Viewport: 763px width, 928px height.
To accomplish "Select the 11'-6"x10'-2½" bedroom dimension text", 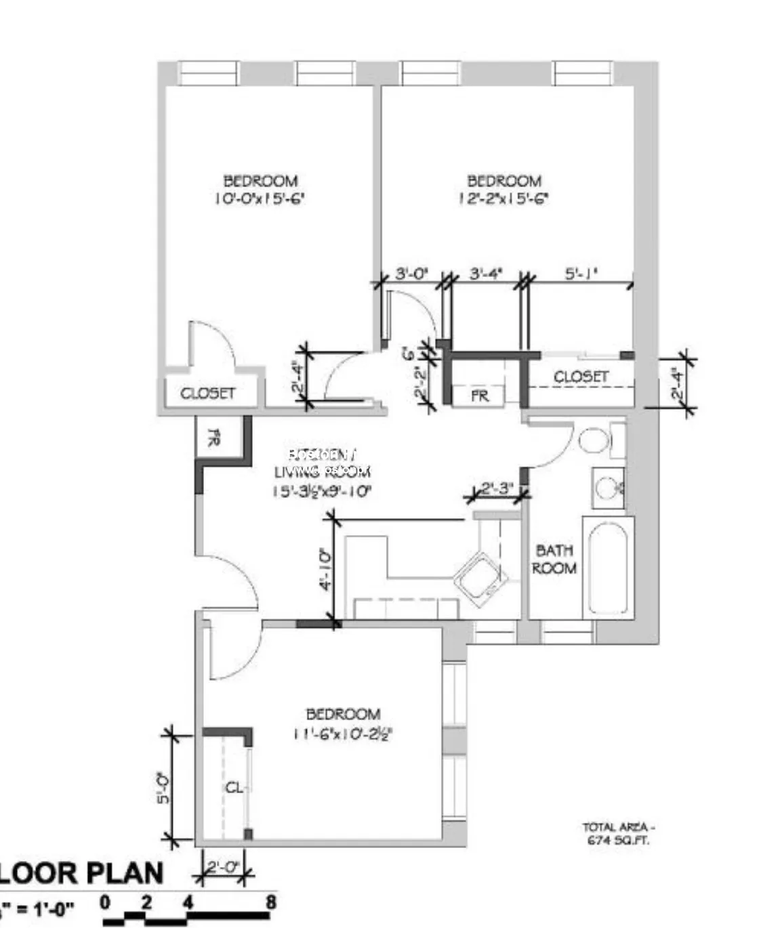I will (x=343, y=733).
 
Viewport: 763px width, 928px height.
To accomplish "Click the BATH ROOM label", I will (x=554, y=560).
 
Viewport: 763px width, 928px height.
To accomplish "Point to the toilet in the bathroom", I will (x=596, y=440).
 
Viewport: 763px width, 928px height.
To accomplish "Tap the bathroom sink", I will (x=607, y=487).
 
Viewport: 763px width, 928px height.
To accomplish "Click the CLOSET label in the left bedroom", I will (x=208, y=394).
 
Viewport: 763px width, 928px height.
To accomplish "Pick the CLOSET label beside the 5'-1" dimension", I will (x=581, y=377).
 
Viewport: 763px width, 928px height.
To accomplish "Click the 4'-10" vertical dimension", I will (x=325, y=570).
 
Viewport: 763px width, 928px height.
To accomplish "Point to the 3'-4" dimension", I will (x=485, y=274).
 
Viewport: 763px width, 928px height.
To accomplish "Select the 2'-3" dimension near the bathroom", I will (x=497, y=488).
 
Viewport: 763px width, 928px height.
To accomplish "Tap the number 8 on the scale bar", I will (x=270, y=903).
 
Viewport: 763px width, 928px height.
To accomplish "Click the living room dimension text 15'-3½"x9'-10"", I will (x=323, y=491).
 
